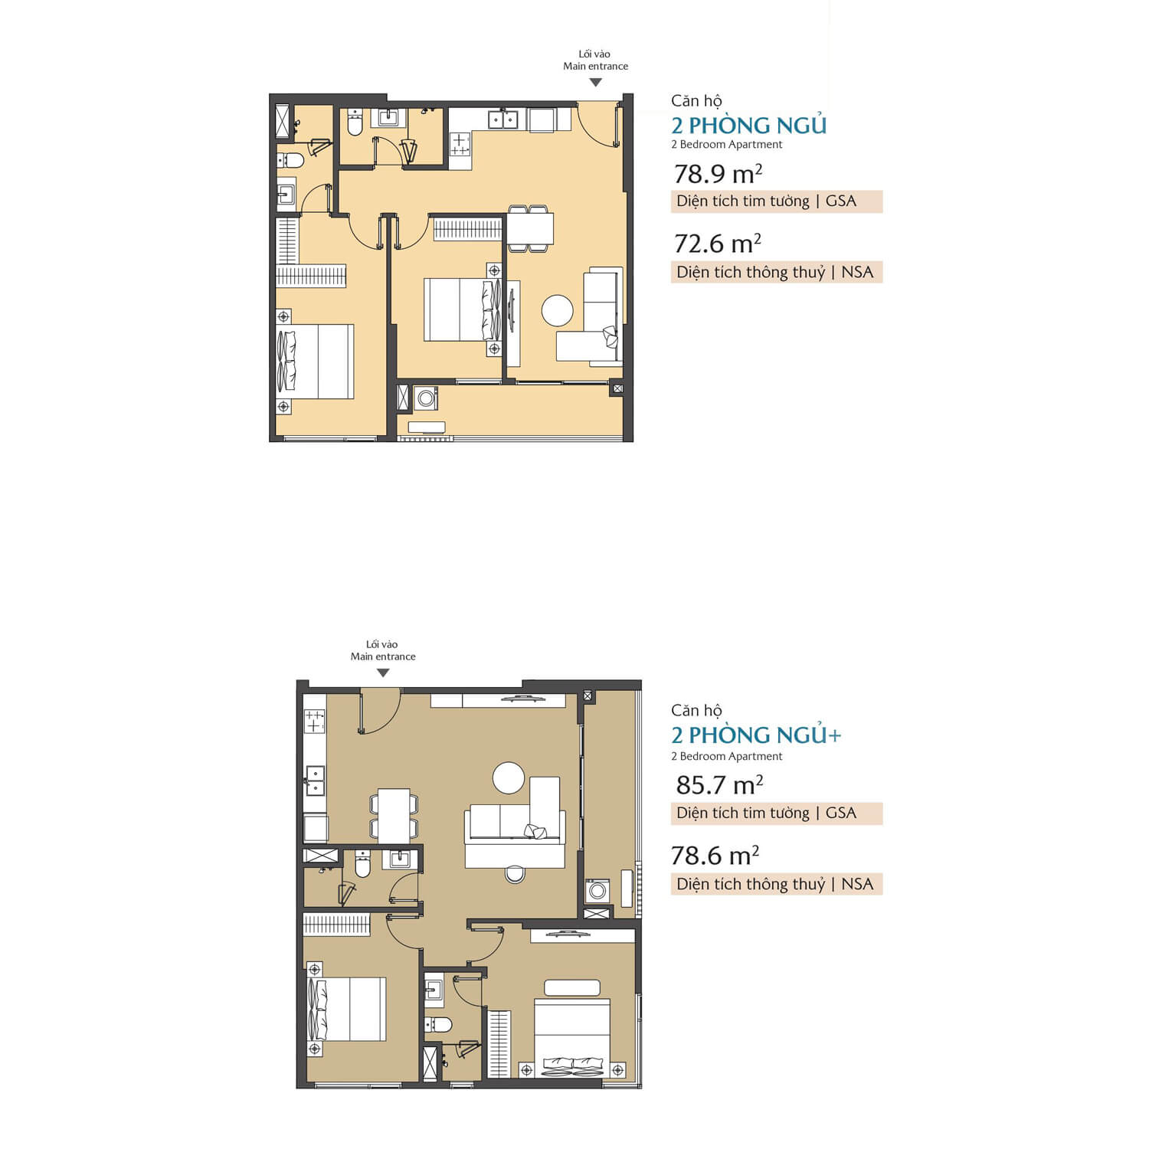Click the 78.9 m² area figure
(718, 174)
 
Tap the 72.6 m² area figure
(718, 244)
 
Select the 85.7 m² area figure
(719, 785)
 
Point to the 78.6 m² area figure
(715, 855)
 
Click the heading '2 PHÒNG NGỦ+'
(756, 735)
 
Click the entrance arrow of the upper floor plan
(595, 82)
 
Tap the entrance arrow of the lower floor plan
(383, 673)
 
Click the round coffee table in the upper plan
(557, 310)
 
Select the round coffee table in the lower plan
(509, 778)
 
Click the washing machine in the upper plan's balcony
(426, 398)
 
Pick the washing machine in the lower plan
(597, 890)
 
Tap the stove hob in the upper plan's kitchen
(460, 144)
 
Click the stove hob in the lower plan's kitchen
(315, 721)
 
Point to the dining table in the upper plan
(529, 228)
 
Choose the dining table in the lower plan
(394, 816)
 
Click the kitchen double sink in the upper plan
(503, 119)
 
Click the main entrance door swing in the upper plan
(599, 124)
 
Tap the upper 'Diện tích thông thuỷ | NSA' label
(775, 272)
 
